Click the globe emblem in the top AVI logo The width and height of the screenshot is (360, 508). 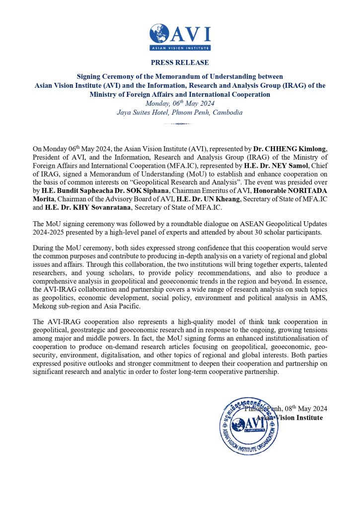click(160, 33)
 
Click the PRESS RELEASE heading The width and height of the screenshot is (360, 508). click(180, 63)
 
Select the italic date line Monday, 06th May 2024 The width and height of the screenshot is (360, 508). click(180, 103)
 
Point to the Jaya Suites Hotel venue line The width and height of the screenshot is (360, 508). click(180, 112)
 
